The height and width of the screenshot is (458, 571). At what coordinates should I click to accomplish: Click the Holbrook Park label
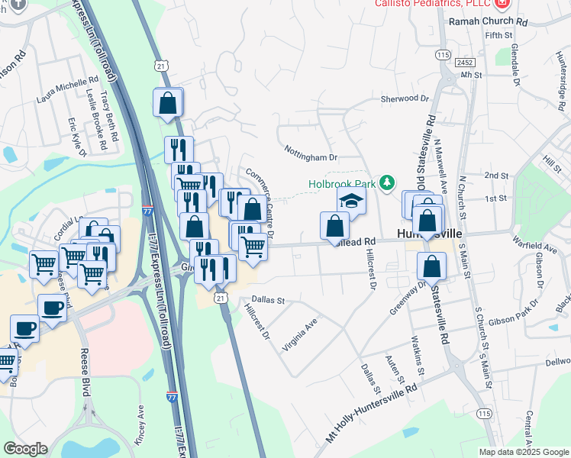point(343,184)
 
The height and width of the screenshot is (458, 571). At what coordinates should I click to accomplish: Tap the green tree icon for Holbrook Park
point(388,182)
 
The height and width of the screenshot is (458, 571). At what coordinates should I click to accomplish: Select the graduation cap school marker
point(352,201)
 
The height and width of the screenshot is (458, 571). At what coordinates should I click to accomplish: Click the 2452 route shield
point(464,61)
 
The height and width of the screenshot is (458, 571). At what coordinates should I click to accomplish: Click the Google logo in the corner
point(25,449)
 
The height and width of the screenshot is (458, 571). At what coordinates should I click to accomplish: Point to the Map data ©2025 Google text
point(523,452)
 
